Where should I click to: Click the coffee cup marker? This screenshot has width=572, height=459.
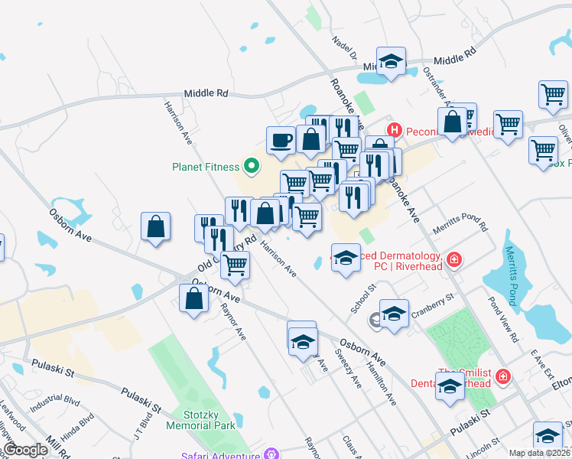[x=281, y=140]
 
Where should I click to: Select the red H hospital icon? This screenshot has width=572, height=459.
[x=395, y=131]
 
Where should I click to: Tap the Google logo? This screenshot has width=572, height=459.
[x=25, y=450]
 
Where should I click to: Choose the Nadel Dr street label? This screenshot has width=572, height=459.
[x=343, y=47]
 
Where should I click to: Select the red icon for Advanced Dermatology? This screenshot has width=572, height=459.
[x=454, y=260]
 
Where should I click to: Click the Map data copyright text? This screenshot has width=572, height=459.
[x=539, y=453]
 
